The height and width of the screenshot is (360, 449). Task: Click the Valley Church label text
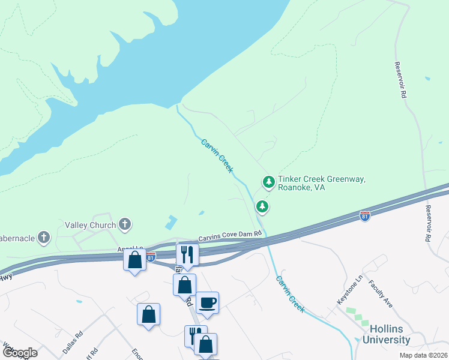point(91,226)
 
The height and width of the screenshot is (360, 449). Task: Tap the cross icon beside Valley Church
point(125,225)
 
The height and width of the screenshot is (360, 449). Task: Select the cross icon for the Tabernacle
point(43,238)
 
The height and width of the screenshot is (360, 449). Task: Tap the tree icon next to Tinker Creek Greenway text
point(269,181)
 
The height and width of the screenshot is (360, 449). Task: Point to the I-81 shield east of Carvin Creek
point(364,215)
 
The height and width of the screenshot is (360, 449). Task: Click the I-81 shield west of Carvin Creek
point(151,256)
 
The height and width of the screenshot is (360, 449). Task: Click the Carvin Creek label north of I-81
point(217,156)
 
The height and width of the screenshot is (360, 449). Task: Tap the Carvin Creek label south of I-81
point(290,294)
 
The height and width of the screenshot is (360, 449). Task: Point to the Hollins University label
point(390,335)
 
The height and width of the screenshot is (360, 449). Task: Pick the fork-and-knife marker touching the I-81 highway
point(187,254)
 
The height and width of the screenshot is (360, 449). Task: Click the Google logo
point(20,353)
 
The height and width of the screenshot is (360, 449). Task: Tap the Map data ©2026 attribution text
point(423,355)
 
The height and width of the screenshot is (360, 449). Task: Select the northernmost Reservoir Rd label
point(400,80)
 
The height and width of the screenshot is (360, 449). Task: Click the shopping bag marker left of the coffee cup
point(184,284)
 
